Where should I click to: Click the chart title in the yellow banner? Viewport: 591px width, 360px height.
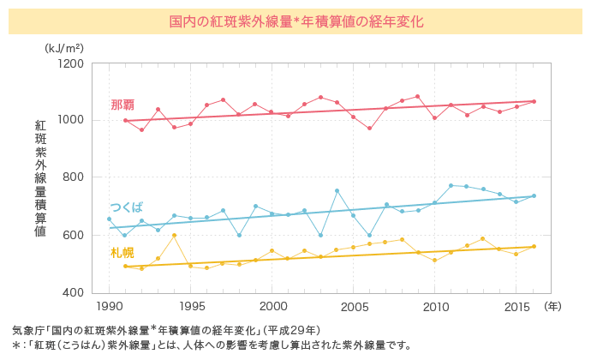295,20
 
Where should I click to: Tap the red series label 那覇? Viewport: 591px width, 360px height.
122,105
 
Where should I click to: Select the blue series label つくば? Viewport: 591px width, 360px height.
127,207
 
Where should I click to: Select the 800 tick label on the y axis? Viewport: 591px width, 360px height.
73,177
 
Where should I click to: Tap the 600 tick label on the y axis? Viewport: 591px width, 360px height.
73,235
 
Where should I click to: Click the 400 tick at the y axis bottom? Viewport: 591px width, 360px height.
73,292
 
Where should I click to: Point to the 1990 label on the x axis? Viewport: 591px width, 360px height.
109,306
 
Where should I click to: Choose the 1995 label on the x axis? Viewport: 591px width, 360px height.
190,306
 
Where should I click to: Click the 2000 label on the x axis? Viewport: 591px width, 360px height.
272,306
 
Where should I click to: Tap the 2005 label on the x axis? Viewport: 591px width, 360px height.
353,306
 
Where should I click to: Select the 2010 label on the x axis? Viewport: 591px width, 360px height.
434,306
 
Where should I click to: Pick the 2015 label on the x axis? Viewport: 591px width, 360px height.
516,306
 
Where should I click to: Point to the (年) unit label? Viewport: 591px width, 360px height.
553,306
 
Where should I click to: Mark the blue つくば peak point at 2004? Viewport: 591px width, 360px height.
337,190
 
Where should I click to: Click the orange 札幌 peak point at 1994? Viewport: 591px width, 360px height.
174,235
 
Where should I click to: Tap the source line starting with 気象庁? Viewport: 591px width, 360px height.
166,330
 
